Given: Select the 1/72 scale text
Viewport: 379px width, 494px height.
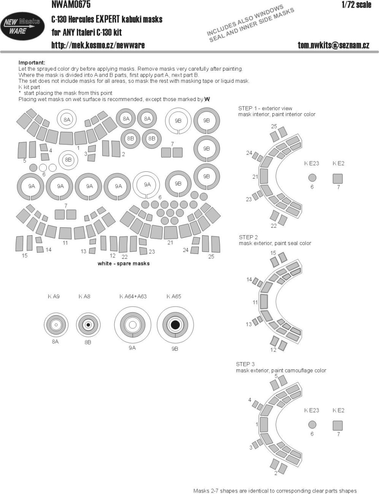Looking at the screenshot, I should tap(356, 5).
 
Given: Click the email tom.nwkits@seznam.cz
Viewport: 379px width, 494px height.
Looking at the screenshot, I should tap(333, 45).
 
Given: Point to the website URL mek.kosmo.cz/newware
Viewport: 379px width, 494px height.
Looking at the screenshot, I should tap(98, 45).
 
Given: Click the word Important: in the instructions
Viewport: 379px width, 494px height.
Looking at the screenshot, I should tap(32, 63).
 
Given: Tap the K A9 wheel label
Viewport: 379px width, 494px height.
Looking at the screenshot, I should tap(54, 296).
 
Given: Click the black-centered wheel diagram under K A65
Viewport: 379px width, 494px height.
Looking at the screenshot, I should tap(175, 325).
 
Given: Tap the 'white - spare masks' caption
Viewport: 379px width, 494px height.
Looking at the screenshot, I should tap(124, 263).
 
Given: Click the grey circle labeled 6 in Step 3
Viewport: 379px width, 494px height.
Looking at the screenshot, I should tap(312, 424).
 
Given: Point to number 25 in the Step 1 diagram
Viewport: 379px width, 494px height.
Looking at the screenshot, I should tap(274, 126).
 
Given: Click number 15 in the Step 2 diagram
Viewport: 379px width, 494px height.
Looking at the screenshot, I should tap(273, 253).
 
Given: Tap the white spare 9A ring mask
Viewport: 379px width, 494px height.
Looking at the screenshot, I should tap(147, 185).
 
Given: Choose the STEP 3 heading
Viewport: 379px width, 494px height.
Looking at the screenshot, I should tap(245, 364).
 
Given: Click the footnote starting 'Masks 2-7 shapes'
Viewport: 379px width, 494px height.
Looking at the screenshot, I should tap(275, 491).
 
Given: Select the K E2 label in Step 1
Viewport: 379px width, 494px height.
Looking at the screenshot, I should tap(338, 163).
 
